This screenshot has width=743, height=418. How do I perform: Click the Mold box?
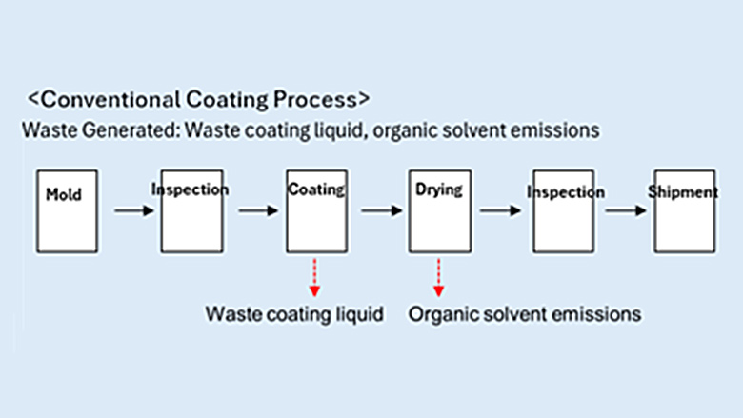(65, 211)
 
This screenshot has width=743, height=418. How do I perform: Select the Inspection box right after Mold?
(191, 211)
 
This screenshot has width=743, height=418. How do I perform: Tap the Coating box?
(316, 211)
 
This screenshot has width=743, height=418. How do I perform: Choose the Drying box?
(439, 211)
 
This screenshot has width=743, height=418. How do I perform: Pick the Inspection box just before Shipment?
(563, 211)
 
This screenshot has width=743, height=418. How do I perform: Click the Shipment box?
(683, 211)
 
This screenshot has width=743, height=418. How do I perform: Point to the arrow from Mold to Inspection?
(133, 210)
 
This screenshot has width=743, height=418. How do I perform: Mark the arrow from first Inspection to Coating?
(256, 210)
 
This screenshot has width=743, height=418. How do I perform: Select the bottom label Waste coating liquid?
(295, 313)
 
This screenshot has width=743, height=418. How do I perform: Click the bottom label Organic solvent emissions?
(525, 313)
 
